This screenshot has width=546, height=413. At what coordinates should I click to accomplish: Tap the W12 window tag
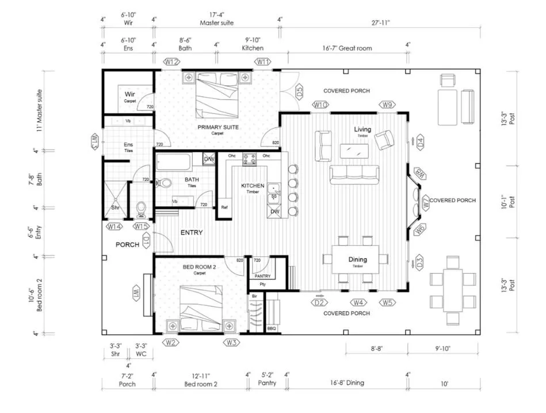click(171, 62)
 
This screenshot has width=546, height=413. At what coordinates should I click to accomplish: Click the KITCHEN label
click(253, 185)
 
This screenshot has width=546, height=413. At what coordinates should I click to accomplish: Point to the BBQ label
click(272, 328)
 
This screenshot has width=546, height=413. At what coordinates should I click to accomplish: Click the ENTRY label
click(192, 233)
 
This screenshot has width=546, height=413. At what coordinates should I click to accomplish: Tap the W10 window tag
click(320, 104)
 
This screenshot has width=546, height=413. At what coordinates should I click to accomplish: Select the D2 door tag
click(320, 302)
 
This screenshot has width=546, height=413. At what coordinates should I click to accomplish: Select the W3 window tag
click(231, 343)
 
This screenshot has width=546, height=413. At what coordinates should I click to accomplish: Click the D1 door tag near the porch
click(146, 241)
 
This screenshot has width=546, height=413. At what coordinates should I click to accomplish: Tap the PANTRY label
click(262, 276)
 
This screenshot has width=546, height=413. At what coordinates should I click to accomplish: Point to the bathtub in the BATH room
click(174, 162)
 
